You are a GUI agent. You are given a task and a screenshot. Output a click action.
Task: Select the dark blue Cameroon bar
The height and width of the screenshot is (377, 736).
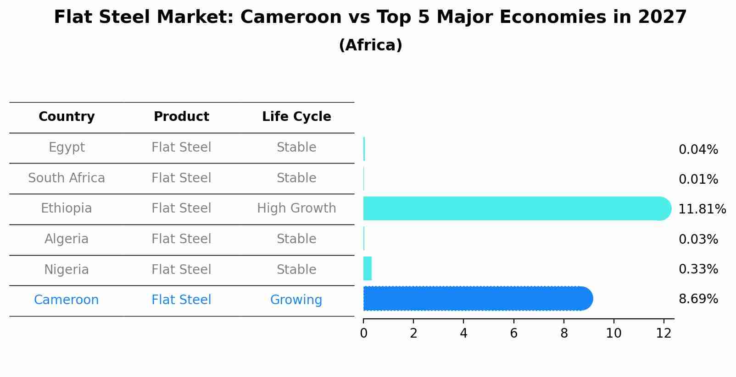[x=477, y=299]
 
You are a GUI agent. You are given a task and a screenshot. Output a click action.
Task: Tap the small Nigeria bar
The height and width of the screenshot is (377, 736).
[x=367, y=268]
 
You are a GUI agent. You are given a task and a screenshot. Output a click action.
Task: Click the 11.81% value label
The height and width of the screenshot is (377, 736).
[x=702, y=209]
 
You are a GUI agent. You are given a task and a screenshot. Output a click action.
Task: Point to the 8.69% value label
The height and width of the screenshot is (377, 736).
[x=698, y=299]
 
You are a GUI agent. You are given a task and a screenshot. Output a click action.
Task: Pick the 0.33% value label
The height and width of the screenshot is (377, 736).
[x=698, y=269]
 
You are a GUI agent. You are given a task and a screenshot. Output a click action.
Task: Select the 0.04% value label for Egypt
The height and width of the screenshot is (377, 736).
[x=698, y=150]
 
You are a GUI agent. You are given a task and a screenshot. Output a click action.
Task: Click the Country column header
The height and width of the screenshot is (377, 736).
[x=67, y=117]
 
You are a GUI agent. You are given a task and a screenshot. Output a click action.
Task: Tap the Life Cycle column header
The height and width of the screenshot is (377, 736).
[x=296, y=117]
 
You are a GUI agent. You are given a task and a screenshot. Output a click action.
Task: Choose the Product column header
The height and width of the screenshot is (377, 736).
[x=181, y=117]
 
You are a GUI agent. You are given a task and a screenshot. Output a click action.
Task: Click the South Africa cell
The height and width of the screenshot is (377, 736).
[x=67, y=178]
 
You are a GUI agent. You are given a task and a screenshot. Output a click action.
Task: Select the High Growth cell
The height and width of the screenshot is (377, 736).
[x=296, y=208]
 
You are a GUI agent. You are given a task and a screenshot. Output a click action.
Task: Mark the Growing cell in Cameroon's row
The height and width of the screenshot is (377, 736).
[x=296, y=300]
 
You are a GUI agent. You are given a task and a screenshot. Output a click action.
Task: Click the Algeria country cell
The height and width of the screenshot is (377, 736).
[x=67, y=239]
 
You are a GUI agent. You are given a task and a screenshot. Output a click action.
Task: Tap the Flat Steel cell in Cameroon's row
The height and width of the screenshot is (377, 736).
[x=181, y=300]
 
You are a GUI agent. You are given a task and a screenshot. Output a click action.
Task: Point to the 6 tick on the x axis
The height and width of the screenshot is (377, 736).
[x=513, y=333]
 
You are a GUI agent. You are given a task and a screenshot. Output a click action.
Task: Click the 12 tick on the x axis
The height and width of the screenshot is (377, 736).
[x=664, y=333]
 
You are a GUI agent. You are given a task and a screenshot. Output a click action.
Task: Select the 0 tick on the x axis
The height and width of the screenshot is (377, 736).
[x=363, y=333]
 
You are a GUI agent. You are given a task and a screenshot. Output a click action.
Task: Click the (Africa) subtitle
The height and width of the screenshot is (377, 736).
[x=370, y=45]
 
